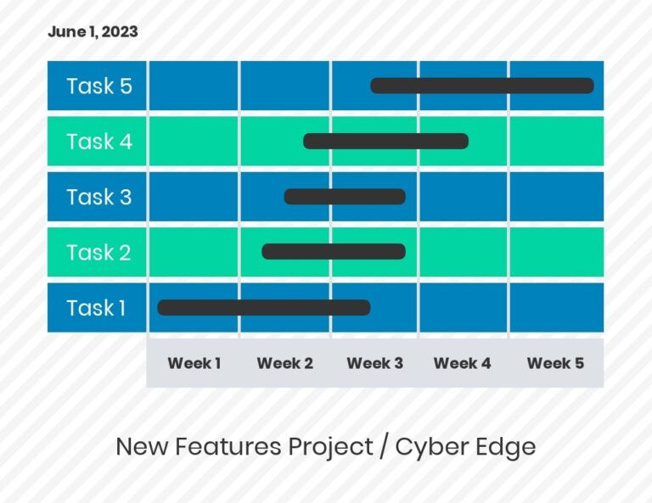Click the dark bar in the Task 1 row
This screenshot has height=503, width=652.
263,307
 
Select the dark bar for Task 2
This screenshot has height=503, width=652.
334,252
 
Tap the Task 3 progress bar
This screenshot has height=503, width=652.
344,197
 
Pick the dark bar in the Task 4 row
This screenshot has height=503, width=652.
385,141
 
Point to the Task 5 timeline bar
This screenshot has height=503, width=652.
481,86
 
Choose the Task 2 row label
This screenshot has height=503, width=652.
98,253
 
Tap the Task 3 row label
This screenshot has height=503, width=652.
98,197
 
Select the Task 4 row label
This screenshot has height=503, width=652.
99,142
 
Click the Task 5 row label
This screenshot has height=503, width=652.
99,87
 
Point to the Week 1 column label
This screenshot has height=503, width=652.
194,363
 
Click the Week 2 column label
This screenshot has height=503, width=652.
284,363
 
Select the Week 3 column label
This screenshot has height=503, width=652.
374,363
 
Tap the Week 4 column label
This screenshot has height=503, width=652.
462,363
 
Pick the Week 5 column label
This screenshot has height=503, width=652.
555,363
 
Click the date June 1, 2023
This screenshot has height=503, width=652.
93,32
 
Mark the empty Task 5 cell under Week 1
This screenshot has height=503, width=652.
193,86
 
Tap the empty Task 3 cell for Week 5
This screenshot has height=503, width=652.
556,197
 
